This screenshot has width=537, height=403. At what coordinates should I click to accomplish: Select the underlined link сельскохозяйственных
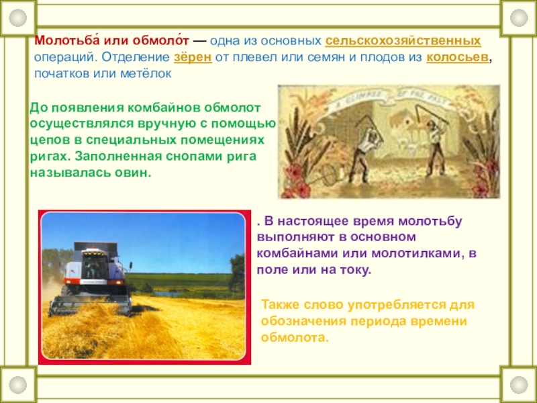tap(403, 42)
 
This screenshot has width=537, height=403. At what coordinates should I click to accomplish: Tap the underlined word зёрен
tap(193, 57)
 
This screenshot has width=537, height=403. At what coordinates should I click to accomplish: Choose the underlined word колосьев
tap(457, 57)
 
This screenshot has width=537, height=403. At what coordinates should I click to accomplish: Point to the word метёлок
tap(146, 73)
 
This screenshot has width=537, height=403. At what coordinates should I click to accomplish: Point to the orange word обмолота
tap(295, 338)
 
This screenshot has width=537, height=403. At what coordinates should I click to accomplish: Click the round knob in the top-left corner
tap(18, 17)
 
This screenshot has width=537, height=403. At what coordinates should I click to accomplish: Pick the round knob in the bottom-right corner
tap(519, 385)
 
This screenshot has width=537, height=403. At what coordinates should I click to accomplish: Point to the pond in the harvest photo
tap(168, 294)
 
